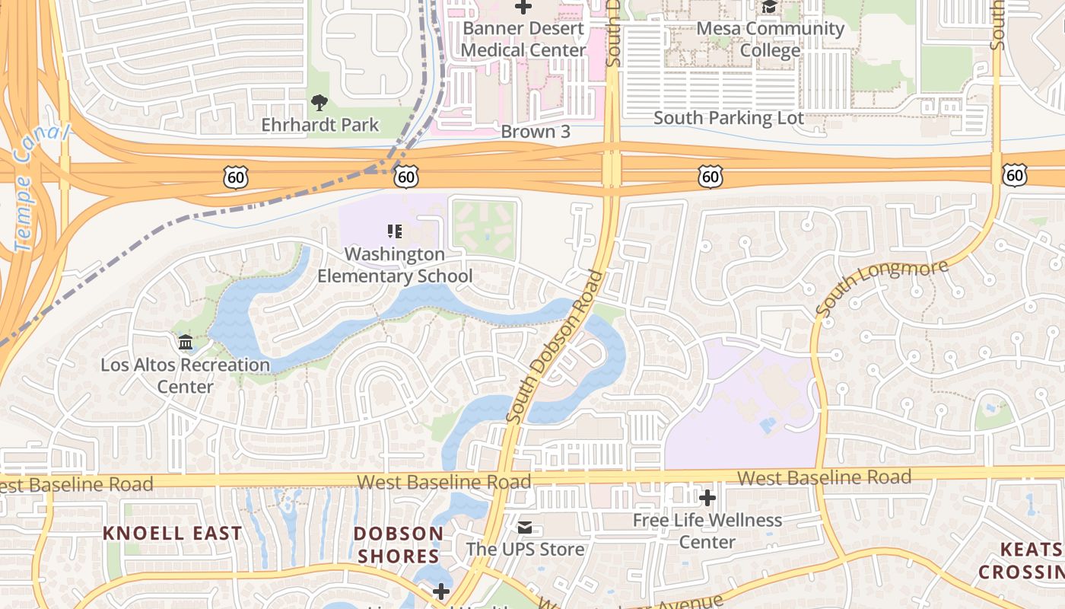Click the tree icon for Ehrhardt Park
[319, 103]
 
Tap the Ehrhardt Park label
[319, 125]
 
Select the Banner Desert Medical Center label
[524, 40]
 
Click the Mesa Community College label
[770, 40]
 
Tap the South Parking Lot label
[728, 118]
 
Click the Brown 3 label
[535, 132]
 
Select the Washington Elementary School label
[394, 265]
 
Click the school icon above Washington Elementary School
[394, 231]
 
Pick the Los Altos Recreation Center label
[185, 376]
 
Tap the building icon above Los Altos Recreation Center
[186, 343]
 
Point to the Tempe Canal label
[38, 187]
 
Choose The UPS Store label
[525, 550]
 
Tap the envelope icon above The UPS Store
[525, 528]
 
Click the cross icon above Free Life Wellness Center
[707, 499]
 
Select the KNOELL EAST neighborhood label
[172, 534]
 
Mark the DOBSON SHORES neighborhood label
[399, 545]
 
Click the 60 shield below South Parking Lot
[709, 177]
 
